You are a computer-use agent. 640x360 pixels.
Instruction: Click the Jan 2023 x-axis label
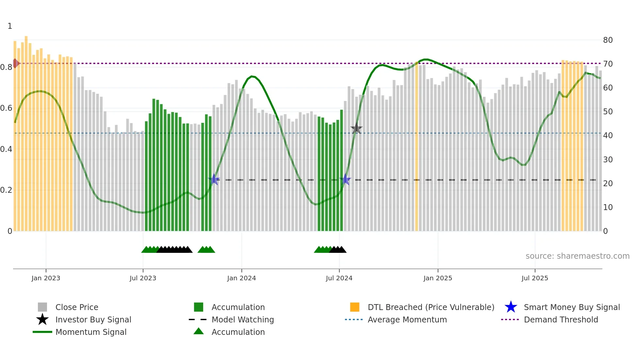point(46,278)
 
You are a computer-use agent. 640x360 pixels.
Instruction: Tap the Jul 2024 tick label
point(339,278)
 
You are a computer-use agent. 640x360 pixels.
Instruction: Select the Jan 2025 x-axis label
point(438,278)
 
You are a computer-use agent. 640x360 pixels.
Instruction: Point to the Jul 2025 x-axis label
point(535,278)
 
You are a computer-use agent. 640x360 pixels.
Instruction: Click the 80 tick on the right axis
point(608,40)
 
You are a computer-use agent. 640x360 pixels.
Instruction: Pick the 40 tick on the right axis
point(608,135)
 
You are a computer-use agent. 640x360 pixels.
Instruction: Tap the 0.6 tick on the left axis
point(6,108)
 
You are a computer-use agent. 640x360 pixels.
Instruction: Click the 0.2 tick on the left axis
point(6,190)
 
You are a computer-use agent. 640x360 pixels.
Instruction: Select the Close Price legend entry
point(77,307)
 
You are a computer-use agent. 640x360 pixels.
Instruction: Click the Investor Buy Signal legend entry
point(93,319)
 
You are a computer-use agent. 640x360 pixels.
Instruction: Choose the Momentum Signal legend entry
point(91,332)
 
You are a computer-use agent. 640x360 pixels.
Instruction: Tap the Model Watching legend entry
point(243,319)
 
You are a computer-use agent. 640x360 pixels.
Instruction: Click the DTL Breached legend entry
point(431,307)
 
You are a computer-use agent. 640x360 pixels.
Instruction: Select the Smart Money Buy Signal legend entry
point(571,307)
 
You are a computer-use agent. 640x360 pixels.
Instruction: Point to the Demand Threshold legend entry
point(561,319)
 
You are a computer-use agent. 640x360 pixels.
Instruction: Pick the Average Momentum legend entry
point(407,319)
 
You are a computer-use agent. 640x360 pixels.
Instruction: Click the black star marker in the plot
point(356,129)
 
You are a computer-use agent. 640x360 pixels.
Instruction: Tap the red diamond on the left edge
point(15,63)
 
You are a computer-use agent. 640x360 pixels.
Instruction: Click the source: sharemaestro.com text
point(577,256)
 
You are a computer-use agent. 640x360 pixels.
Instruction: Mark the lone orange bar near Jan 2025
point(416,147)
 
